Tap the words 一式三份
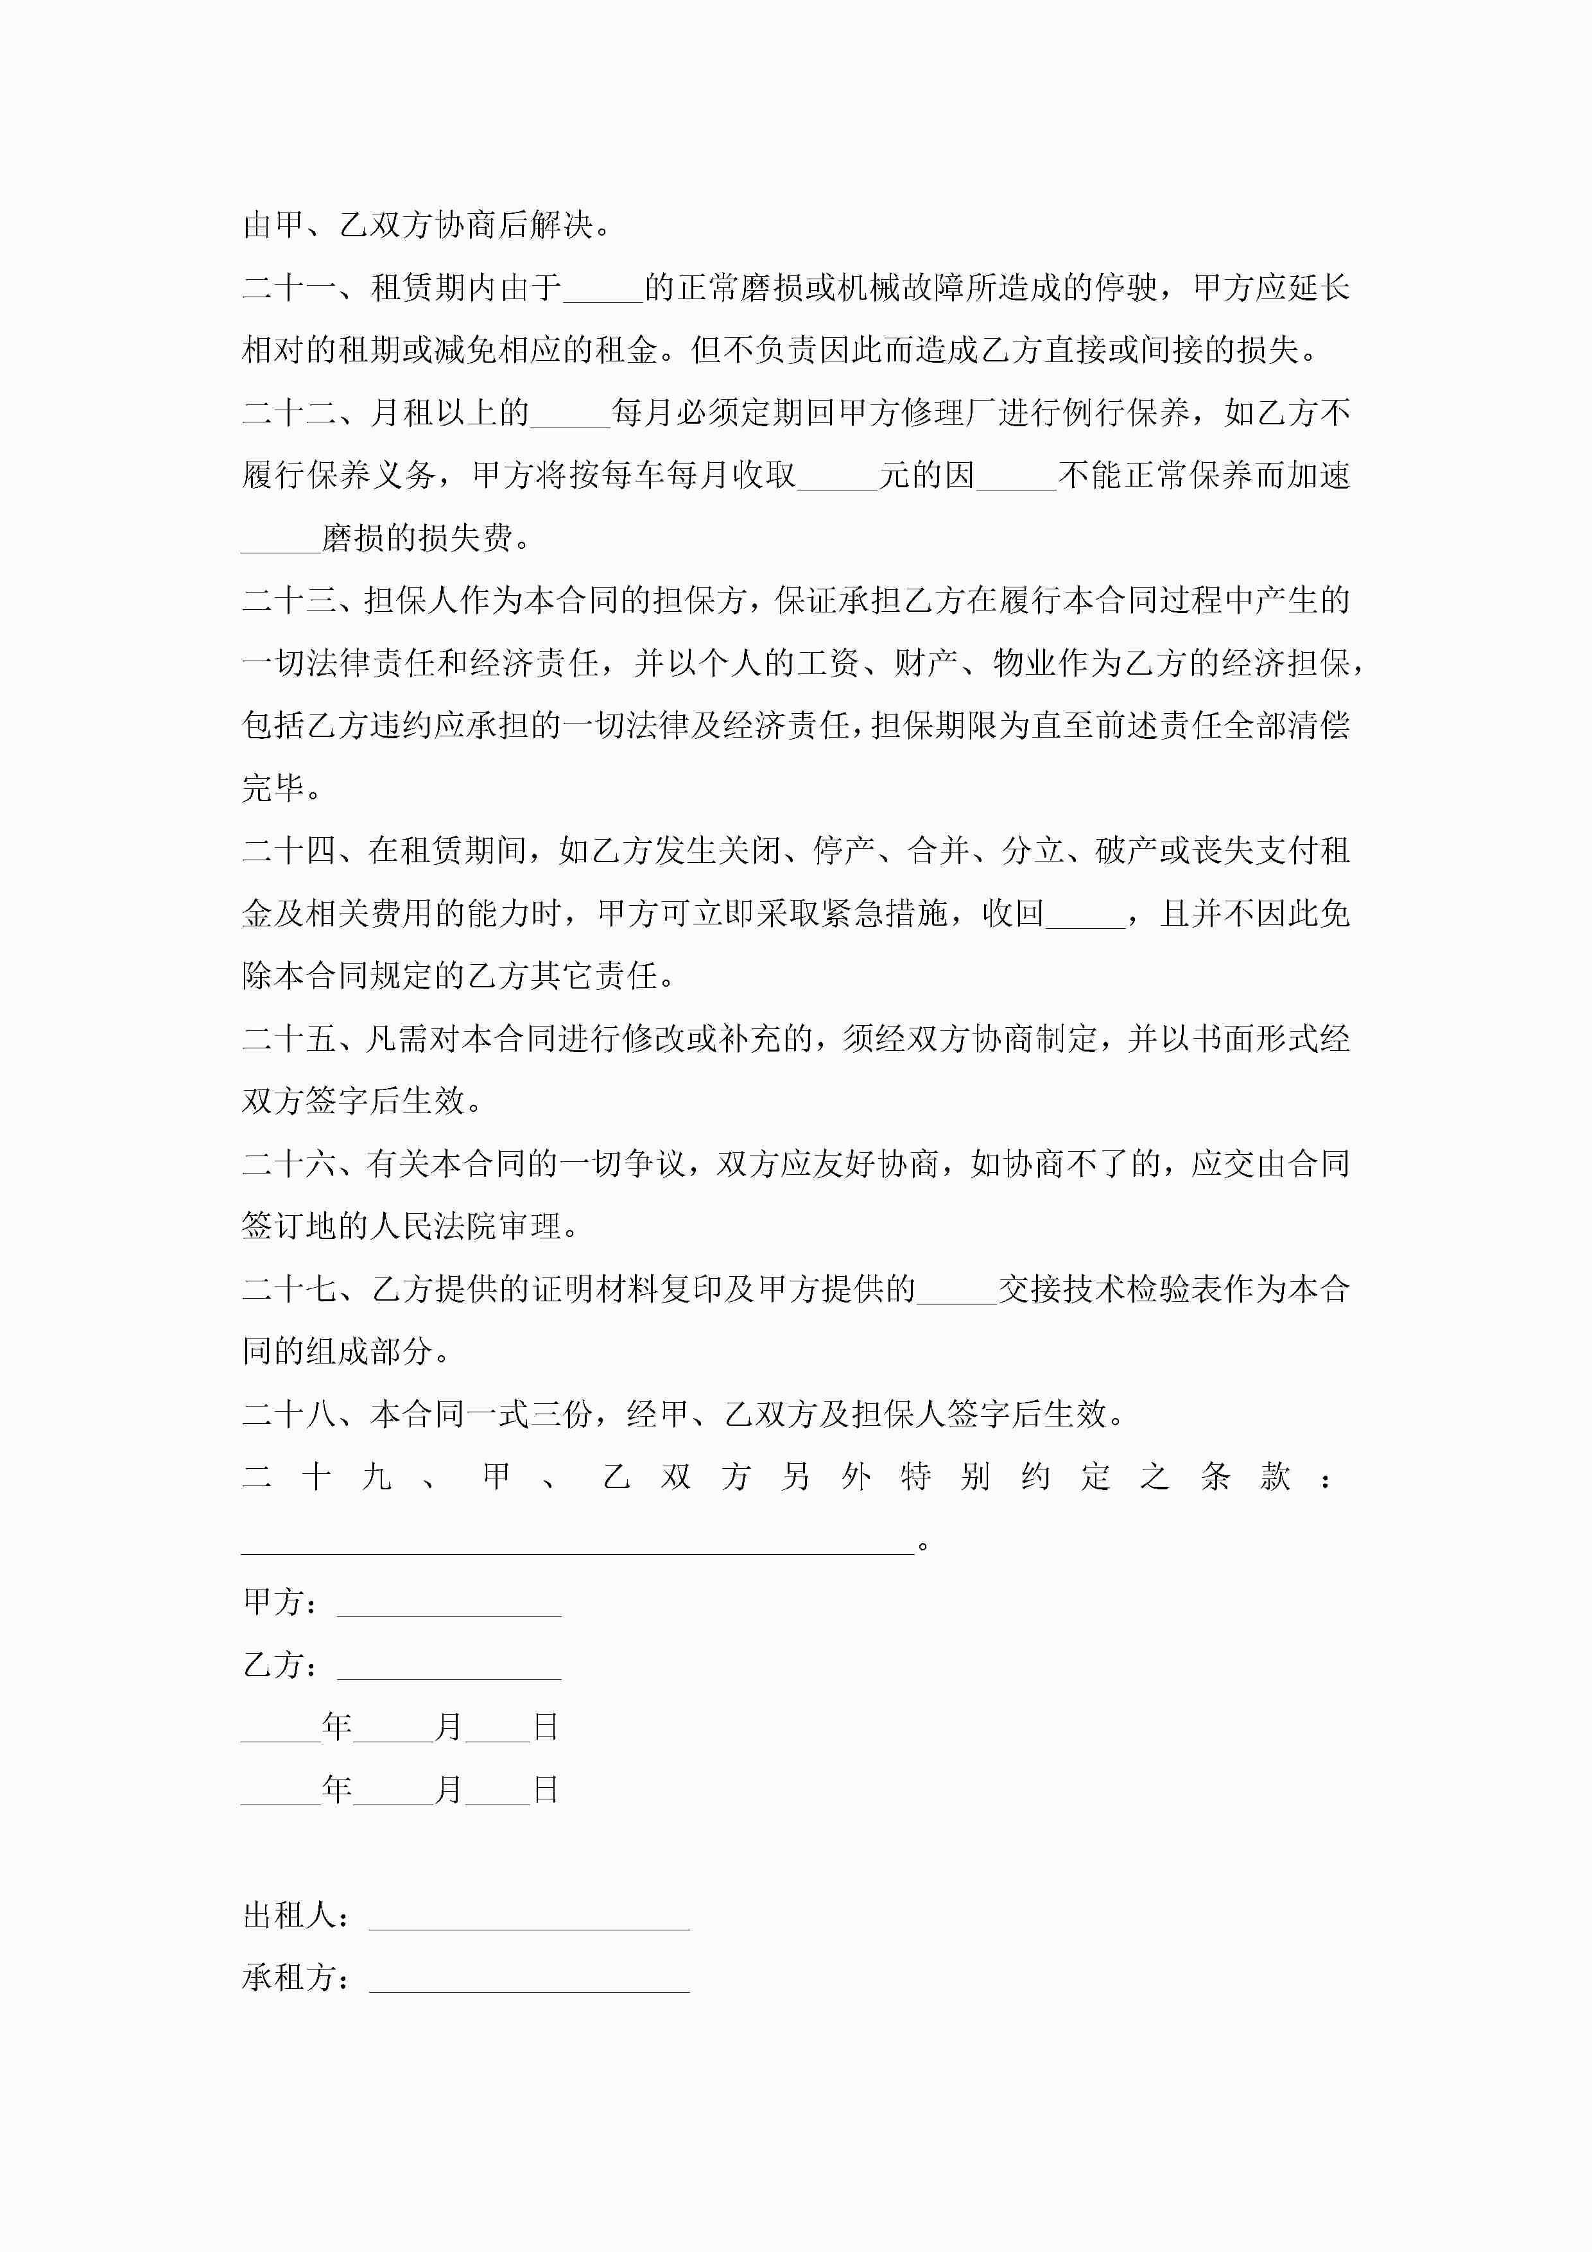[x=546, y=1414]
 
